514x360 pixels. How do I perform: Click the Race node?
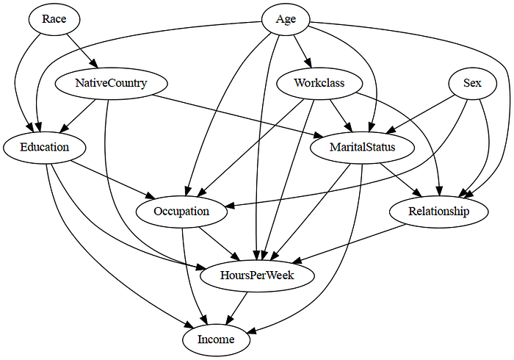click(54, 19)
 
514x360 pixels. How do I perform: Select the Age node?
click(286, 19)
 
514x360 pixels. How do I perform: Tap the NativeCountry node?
click(111, 83)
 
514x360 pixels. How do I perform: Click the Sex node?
click(473, 83)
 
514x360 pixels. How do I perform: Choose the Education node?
click(45, 147)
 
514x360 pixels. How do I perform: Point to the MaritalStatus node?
click(363, 147)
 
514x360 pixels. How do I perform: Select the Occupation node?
click(181, 212)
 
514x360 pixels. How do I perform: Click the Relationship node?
click(439, 212)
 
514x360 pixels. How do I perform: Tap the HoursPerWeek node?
click(256, 276)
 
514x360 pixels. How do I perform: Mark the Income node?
click(216, 339)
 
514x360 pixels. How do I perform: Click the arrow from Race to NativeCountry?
click(82, 51)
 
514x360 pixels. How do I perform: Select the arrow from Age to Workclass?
click(298, 51)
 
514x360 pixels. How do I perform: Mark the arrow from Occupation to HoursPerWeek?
click(219, 243)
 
